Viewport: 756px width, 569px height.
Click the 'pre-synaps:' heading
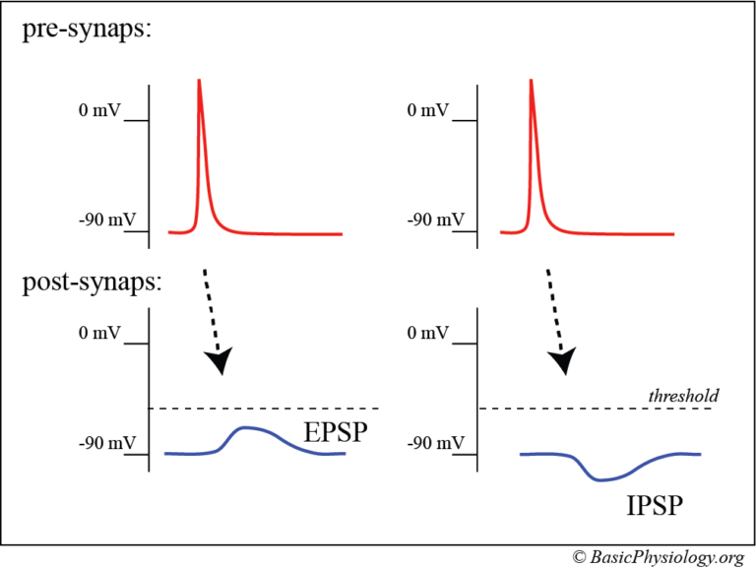pos(86,31)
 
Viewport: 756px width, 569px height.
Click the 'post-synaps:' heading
pos(92,284)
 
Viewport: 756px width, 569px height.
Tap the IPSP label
pos(654,507)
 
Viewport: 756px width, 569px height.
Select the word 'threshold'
pos(683,395)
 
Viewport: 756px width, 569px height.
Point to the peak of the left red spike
pos(200,81)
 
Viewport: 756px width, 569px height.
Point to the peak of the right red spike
pos(532,81)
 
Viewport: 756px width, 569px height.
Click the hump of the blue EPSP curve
pos(248,428)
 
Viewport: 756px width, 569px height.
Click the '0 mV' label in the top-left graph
pos(98,110)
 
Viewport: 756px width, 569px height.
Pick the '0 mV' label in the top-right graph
pos(428,110)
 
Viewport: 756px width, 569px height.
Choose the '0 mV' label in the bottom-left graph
pos(98,333)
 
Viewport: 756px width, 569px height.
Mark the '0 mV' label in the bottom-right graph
pos(428,333)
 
